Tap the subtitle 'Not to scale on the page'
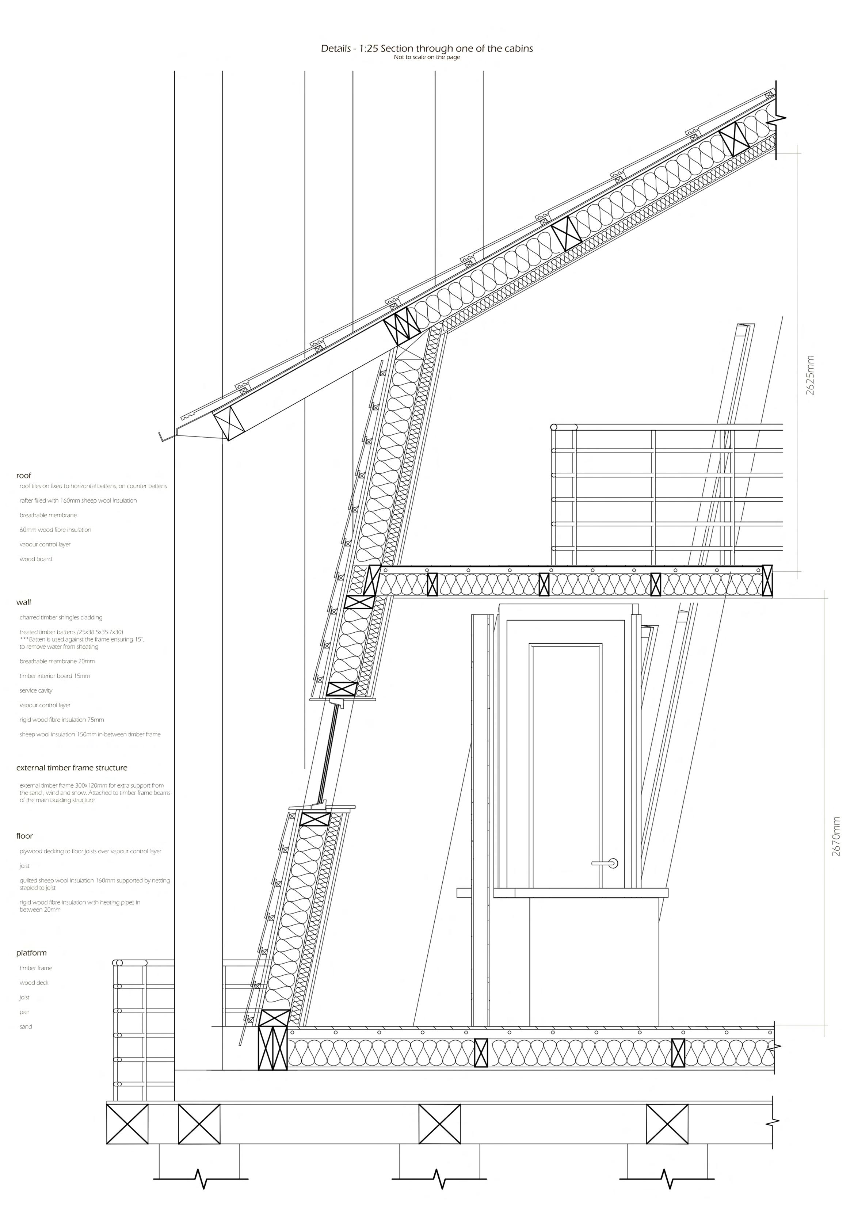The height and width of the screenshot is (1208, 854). (427, 57)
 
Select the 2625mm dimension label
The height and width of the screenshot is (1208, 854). (810, 375)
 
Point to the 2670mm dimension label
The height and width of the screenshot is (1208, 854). (836, 837)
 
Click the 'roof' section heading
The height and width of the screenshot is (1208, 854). (24, 476)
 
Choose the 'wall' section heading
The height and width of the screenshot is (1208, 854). (24, 602)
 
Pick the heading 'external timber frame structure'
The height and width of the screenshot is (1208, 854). (72, 767)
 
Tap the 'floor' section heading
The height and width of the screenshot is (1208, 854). (25, 835)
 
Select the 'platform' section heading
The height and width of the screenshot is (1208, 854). (31, 953)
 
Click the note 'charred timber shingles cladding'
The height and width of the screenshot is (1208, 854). (61, 618)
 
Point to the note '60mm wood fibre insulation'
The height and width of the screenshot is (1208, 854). (55, 530)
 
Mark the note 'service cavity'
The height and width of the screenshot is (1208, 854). (36, 690)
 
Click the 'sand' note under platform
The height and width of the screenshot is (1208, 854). (26, 1026)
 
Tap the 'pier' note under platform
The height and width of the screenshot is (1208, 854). (25, 1012)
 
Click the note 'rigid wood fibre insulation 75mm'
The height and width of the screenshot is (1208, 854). (62, 720)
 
